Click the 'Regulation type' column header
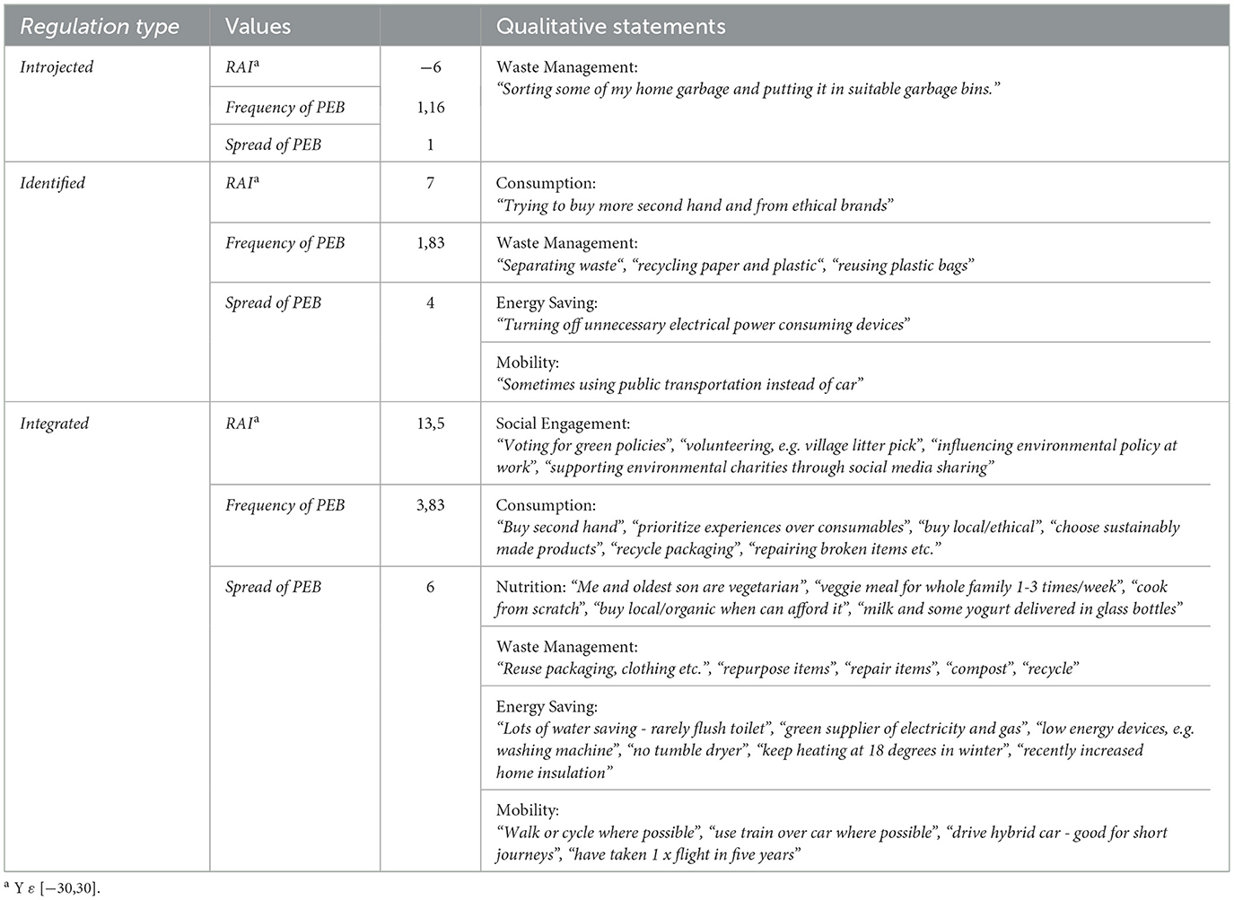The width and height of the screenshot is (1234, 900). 100,27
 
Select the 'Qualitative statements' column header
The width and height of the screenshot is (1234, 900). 610,27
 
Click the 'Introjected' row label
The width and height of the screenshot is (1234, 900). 57,67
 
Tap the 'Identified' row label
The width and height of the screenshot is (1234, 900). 53,183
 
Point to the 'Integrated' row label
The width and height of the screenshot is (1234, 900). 55,424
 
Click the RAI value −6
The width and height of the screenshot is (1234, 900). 430,67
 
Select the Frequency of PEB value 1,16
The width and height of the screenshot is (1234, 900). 430,107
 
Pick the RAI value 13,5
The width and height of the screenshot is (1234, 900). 430,424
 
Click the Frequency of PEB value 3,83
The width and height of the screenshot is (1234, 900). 430,505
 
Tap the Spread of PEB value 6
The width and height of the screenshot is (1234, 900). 430,587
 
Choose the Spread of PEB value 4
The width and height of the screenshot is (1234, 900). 430,302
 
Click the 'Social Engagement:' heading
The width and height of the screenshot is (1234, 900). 563,424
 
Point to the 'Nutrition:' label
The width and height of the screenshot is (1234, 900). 530,587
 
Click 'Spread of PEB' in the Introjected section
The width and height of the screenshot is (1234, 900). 273,144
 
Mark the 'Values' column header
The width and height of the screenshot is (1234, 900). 258,27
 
